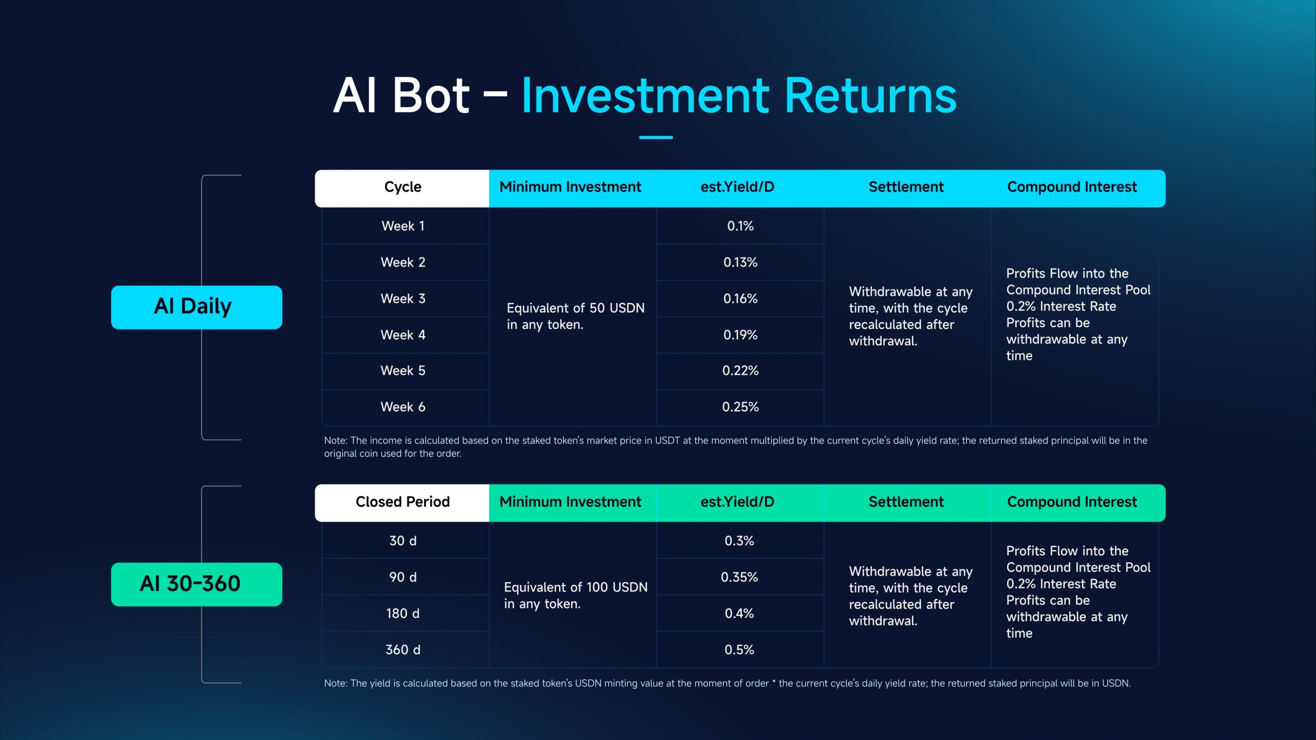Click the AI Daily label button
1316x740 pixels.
[x=196, y=307]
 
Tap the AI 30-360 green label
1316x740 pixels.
[x=196, y=584]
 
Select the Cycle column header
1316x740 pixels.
[x=403, y=187]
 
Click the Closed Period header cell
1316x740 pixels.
[x=403, y=502]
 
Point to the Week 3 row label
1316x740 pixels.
[x=403, y=299]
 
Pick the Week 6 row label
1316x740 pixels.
[x=403, y=407]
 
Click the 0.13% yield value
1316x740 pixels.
[x=740, y=263]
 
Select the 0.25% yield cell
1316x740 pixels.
[x=740, y=407]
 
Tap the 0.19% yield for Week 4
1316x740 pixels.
[x=740, y=335]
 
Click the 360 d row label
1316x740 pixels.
[x=403, y=650]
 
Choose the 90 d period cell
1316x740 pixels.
[x=403, y=577]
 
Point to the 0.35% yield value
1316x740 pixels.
[x=739, y=577]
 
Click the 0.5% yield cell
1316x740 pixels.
[x=739, y=650]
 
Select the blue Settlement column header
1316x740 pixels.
[x=906, y=187]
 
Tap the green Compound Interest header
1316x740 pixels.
[x=1072, y=502]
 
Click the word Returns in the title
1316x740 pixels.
[x=870, y=96]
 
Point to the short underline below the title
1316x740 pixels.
[x=656, y=138]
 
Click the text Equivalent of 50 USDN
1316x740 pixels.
[x=576, y=308]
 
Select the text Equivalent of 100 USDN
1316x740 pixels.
[x=576, y=587]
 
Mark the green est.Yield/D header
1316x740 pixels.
[x=737, y=502]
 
